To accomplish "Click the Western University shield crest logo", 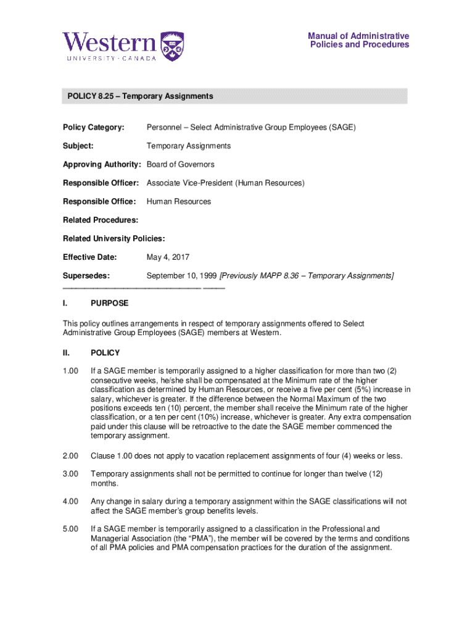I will [x=172, y=46].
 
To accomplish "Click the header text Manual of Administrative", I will [x=358, y=36].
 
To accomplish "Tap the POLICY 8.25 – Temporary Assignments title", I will [x=141, y=96].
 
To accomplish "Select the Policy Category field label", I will [x=94, y=128].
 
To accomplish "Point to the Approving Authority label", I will [x=102, y=165].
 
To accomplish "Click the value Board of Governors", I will [x=180, y=165].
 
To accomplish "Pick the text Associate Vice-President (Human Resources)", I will [x=225, y=183].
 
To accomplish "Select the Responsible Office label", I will [x=99, y=202].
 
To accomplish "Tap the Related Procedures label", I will [x=101, y=220].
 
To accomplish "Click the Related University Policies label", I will [x=114, y=239].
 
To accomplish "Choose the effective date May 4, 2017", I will [x=168, y=257].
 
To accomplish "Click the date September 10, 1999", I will [x=181, y=276].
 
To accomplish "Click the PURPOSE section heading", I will [x=110, y=304].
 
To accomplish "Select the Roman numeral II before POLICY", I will [x=67, y=353].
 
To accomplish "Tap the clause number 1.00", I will [x=71, y=371].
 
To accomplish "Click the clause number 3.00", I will [x=71, y=474].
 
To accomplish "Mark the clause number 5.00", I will [x=71, y=529].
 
